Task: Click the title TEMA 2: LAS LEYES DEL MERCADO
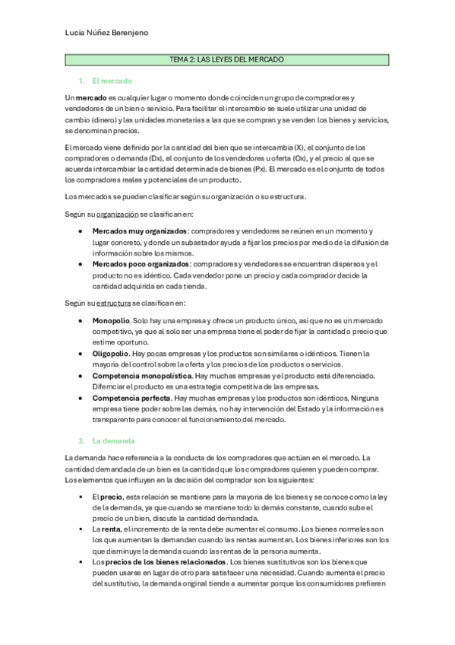[227, 59]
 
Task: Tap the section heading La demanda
[113, 440]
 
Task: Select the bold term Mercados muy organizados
[140, 230]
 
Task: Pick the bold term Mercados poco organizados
[141, 264]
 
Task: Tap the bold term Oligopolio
[111, 354]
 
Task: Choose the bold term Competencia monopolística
[142, 376]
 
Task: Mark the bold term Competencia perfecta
[131, 398]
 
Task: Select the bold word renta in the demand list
[111, 528]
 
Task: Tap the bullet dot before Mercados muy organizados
[82, 230]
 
